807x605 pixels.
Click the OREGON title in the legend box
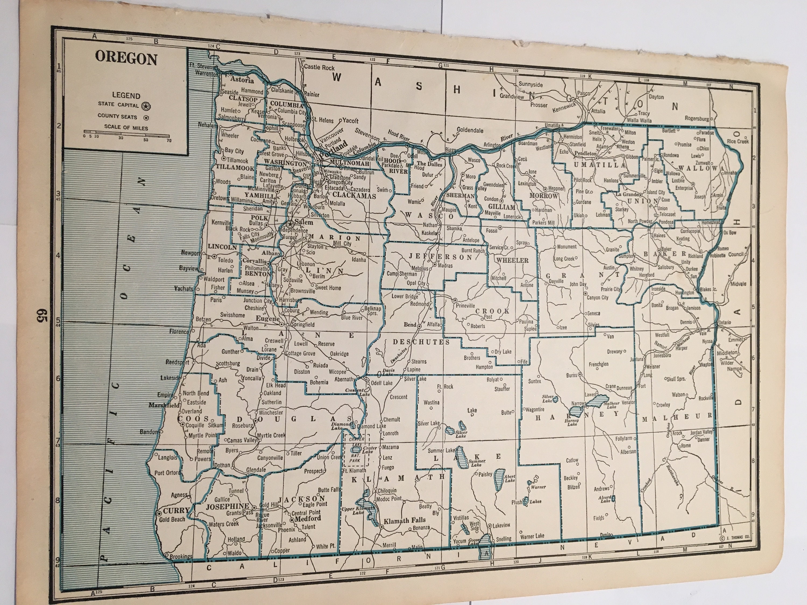pos(126,59)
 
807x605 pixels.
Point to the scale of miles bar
pos(127,132)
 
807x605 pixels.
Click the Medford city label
pos(307,518)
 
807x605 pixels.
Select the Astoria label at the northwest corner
pos(242,80)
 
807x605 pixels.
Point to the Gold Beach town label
pos(172,519)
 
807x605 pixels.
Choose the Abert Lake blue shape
pos(497,482)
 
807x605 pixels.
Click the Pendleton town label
pos(585,154)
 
